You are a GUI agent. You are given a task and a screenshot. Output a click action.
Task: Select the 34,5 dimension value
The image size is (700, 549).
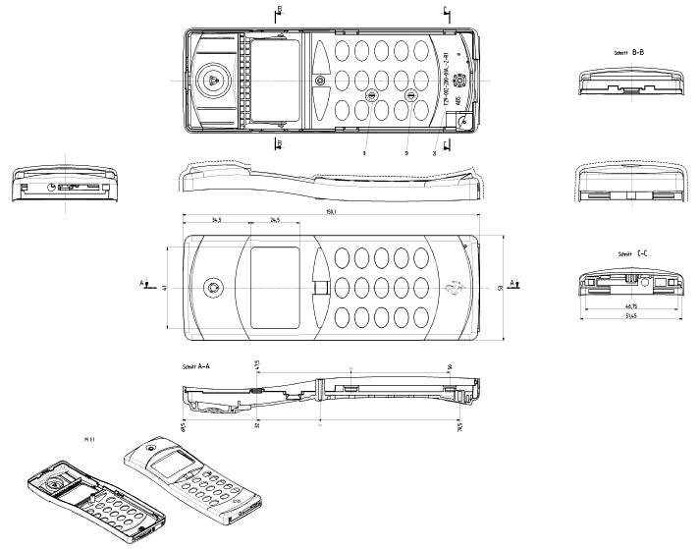(214, 221)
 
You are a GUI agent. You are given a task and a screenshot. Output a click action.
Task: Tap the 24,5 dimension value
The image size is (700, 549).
(275, 221)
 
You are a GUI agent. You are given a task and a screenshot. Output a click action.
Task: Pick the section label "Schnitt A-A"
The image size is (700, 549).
(197, 365)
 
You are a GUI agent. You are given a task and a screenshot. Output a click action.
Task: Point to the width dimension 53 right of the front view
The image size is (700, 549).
(500, 287)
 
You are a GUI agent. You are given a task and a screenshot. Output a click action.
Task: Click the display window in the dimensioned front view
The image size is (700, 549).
(275, 285)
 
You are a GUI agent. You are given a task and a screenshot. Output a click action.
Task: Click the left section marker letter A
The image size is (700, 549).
(142, 283)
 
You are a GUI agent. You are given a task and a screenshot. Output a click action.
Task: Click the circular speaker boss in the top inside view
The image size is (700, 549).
(213, 79)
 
